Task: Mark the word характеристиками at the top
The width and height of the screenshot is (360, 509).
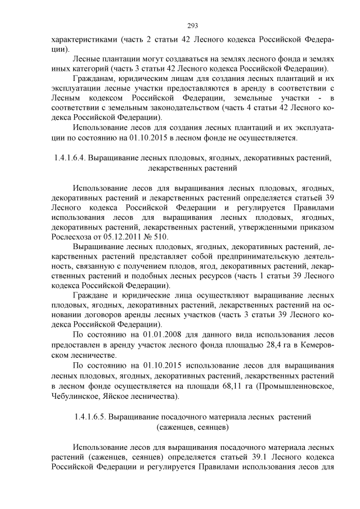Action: [x=83, y=40]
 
